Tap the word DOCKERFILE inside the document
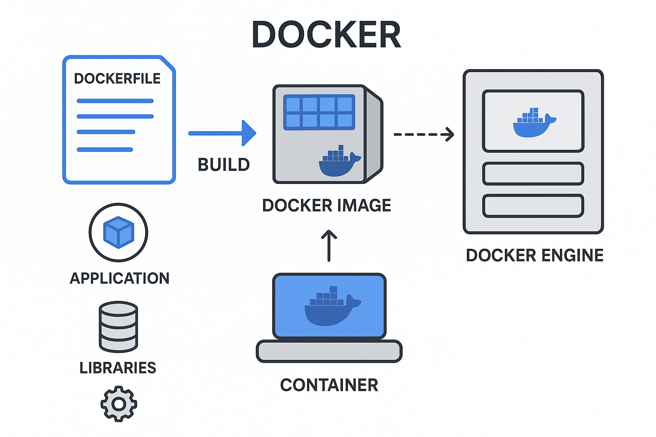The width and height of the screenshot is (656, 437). click(117, 79)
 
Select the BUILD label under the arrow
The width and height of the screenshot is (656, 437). click(223, 165)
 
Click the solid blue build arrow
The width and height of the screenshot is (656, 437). click(222, 133)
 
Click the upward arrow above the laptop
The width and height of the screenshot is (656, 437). click(329, 246)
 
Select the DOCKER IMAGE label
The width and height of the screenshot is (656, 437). click(326, 206)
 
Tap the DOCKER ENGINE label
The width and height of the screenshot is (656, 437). click(534, 255)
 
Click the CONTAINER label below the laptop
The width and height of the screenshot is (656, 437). click(329, 385)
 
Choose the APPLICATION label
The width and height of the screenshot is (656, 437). click(120, 278)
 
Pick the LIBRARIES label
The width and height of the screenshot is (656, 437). click(118, 367)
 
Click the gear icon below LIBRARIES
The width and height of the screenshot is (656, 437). click(119, 404)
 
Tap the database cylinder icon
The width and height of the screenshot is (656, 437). click(118, 326)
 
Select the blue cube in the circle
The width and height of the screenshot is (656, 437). click(119, 232)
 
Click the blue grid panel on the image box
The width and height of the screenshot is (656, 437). click(319, 112)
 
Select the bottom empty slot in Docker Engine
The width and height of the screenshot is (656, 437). click(533, 206)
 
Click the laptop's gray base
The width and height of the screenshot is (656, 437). click(329, 351)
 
